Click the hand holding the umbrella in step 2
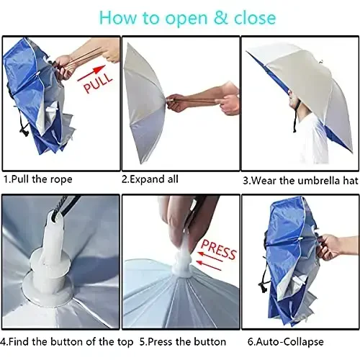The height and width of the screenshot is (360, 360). point(227,101)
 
